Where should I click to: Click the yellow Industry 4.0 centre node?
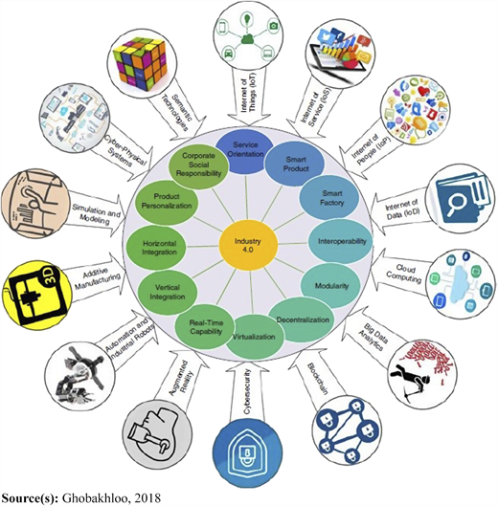tap(248, 246)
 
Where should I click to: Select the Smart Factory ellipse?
tap(329, 198)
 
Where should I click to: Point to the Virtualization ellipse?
tap(255, 338)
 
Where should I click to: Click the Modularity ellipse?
tap(330, 286)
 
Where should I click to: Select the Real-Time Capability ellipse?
tap(205, 327)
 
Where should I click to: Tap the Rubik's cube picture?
tap(142, 63)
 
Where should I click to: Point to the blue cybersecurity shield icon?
tap(247, 452)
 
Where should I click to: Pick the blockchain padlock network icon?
tap(347, 429)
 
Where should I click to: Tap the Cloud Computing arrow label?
tap(404, 273)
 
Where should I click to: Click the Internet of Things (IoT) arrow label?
tap(248, 95)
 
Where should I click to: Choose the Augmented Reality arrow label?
tap(183, 377)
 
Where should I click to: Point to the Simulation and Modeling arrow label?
tap(96, 213)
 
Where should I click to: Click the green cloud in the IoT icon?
tap(247, 39)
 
